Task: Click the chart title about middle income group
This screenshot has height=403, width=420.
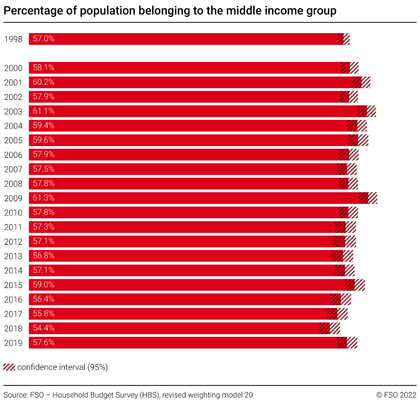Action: tap(170, 11)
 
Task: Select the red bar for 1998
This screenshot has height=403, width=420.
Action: tap(185, 39)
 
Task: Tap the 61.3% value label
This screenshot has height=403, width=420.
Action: tap(43, 198)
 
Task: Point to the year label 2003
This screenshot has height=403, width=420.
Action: tap(13, 112)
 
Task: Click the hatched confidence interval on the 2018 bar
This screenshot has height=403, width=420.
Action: tap(330, 328)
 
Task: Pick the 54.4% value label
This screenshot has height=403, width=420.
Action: tap(43, 328)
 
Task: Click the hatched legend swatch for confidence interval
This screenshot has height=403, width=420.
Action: tap(9, 367)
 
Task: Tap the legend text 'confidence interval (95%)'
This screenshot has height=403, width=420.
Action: tap(62, 367)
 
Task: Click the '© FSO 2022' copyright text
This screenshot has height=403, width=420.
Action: tap(396, 395)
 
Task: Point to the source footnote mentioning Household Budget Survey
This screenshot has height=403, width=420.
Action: tap(128, 395)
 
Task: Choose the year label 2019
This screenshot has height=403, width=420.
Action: tap(13, 343)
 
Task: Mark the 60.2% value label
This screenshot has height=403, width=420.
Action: tap(43, 82)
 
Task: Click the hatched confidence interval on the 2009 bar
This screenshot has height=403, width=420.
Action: tap(368, 198)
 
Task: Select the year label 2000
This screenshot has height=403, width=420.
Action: tap(13, 68)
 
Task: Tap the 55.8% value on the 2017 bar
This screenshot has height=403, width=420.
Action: tap(43, 313)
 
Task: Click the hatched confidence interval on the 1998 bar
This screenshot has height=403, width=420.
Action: tap(344, 39)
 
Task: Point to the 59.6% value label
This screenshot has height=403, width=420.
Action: tap(43, 140)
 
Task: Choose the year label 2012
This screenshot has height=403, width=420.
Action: tap(13, 242)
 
